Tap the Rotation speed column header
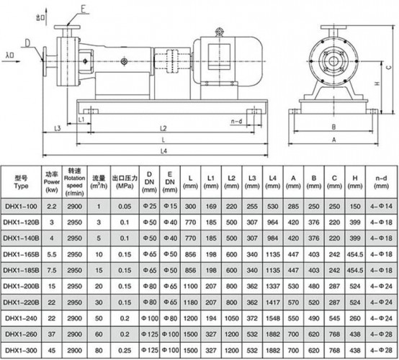click(x=74, y=179)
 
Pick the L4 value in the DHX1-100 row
click(x=273, y=207)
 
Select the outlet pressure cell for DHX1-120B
click(x=125, y=224)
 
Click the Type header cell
click(x=21, y=179)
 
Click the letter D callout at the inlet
click(x=27, y=44)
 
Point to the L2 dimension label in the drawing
click(x=163, y=127)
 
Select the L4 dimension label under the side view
click(x=163, y=151)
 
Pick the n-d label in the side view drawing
click(x=236, y=122)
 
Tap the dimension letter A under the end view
click(x=333, y=140)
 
